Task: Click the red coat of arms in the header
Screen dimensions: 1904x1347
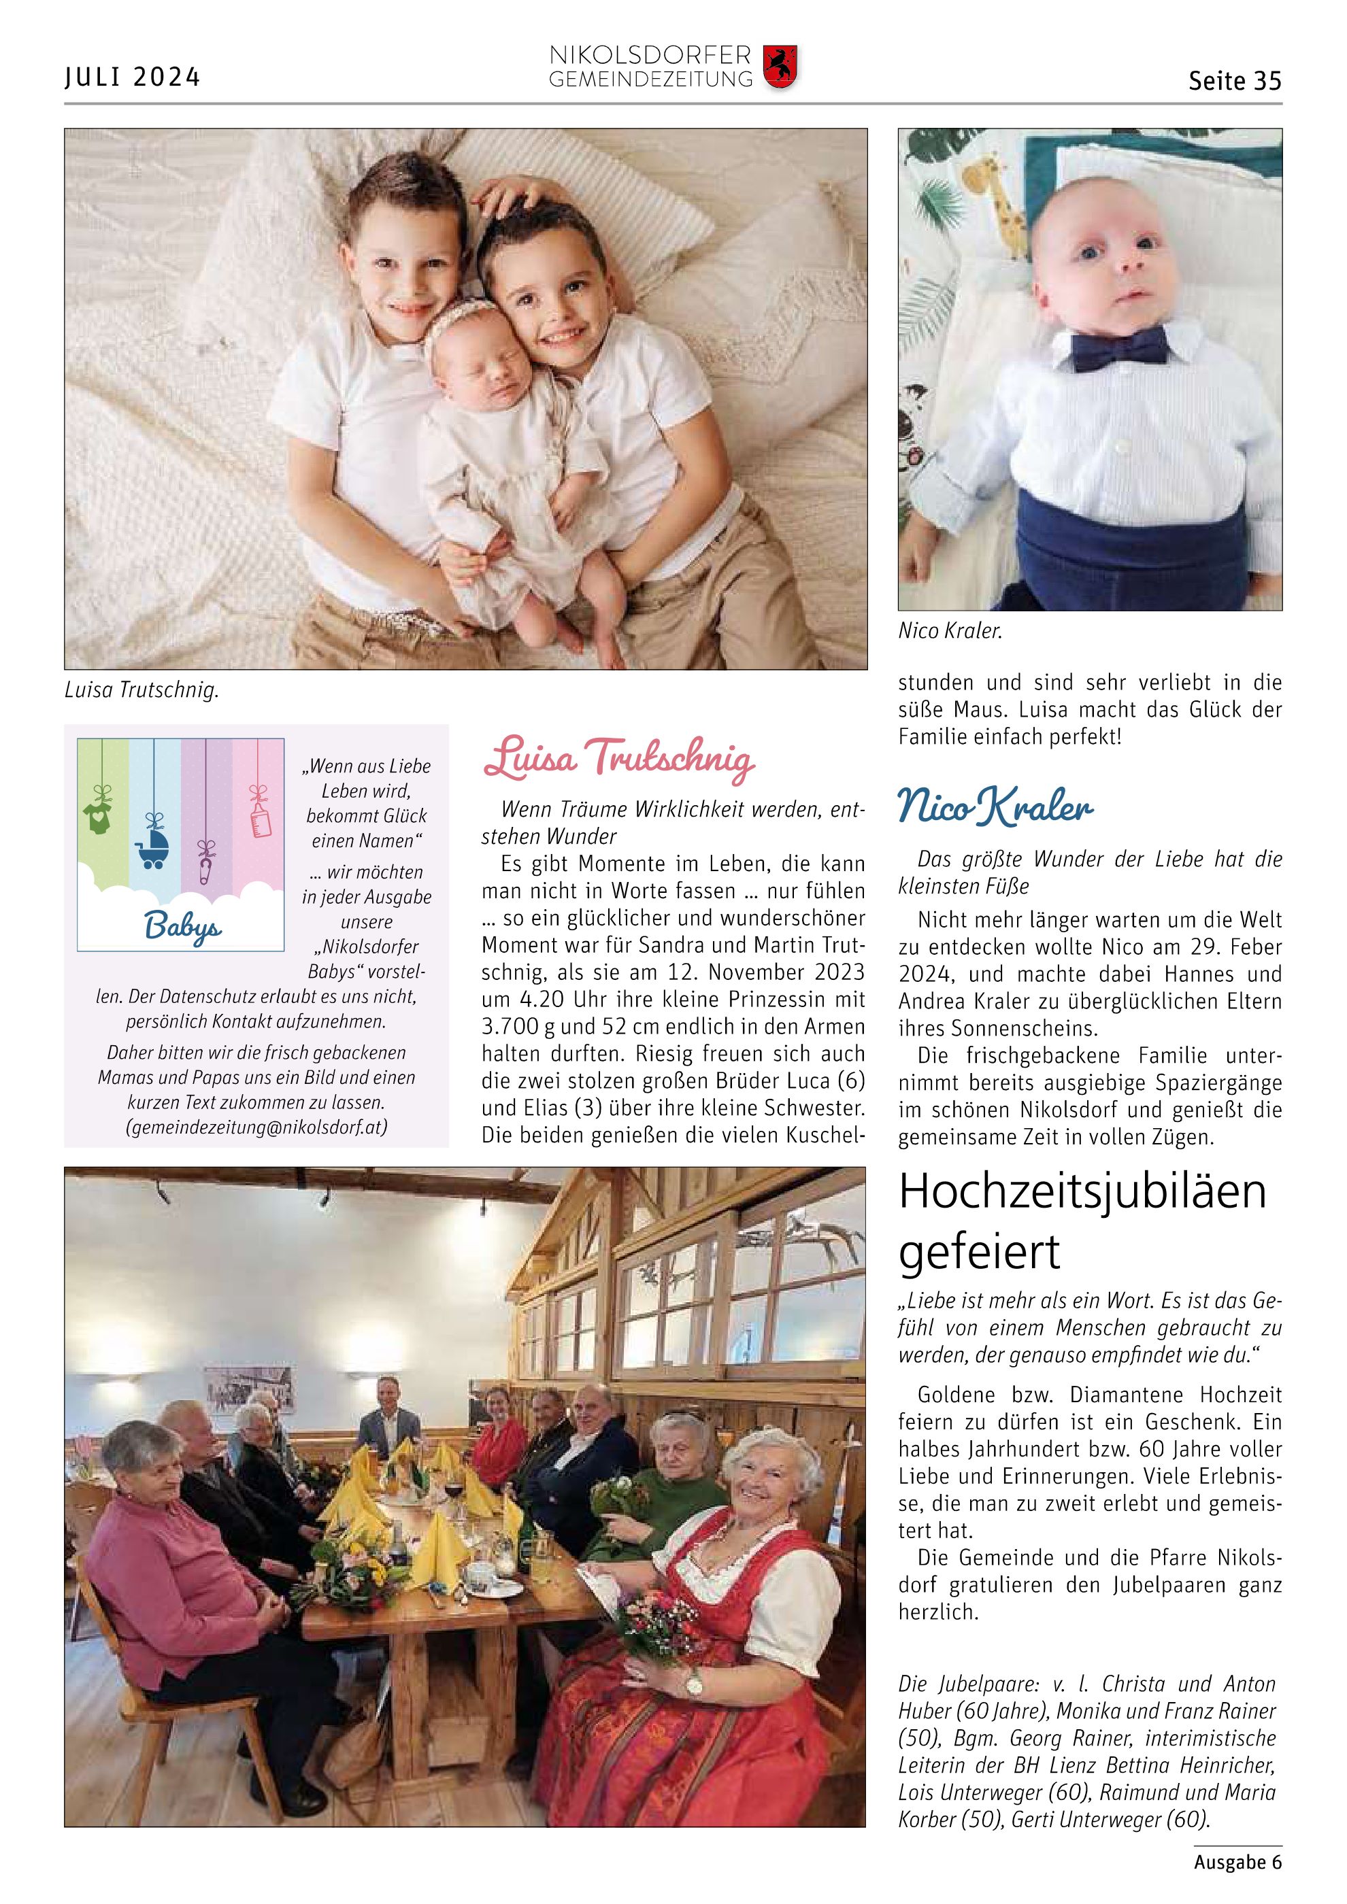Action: (780, 67)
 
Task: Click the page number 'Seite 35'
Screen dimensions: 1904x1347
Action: (1234, 80)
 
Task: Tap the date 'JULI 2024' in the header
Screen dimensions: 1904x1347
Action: (133, 77)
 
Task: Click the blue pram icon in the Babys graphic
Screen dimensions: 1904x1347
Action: (152, 847)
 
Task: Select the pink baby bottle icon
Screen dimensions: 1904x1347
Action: (261, 817)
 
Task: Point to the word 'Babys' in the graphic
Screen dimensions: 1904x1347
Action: (182, 925)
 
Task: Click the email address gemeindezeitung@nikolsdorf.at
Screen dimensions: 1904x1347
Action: (256, 1128)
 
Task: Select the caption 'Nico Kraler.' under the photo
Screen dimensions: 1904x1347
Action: (950, 631)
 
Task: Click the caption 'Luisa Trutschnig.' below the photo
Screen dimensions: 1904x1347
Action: (141, 690)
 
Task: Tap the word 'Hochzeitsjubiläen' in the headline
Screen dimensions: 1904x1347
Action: (1082, 1193)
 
